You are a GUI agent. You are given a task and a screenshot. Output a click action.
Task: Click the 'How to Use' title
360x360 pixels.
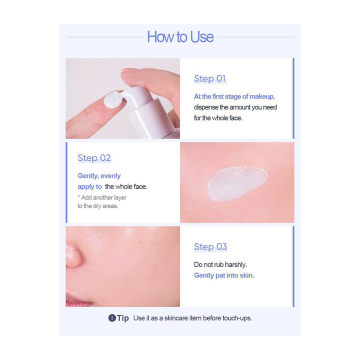tap(180, 37)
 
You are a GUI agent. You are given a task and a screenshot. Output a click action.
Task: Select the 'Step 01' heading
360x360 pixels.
tap(210, 78)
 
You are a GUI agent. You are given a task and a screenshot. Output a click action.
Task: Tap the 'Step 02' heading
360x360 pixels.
tap(94, 158)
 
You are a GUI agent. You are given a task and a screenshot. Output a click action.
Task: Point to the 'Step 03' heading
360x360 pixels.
tap(210, 246)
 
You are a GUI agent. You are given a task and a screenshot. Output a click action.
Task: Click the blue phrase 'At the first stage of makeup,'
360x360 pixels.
tap(234, 96)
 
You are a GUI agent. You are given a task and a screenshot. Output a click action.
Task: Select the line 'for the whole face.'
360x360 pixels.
tap(218, 118)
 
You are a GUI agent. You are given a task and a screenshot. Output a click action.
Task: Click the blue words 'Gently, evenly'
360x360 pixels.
tap(99, 176)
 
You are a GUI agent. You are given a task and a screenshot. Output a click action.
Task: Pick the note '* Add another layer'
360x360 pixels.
tap(102, 197)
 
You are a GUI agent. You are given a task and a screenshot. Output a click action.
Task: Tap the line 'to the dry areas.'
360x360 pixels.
tap(98, 206)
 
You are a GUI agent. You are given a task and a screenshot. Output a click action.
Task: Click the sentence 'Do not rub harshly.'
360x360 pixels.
tap(220, 264)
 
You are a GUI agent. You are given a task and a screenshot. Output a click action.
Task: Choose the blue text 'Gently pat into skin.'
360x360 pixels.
tap(224, 275)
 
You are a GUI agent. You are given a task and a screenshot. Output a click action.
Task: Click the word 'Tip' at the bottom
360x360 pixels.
tap(123, 318)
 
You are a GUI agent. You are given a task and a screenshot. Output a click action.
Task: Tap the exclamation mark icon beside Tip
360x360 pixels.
tap(112, 318)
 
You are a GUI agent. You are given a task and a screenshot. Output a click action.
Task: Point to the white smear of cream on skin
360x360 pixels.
tap(236, 183)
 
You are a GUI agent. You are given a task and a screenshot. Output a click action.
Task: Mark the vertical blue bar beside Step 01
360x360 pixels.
tap(293, 98)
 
